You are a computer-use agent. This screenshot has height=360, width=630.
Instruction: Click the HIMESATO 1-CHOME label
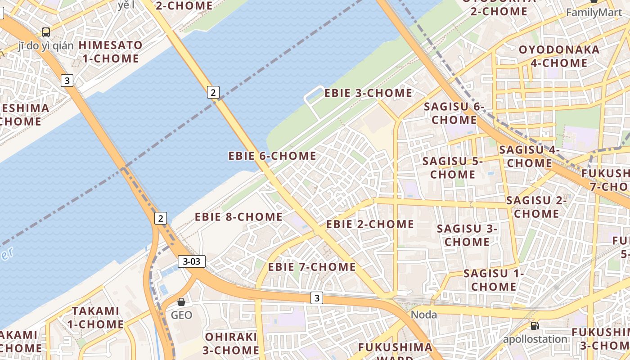coord(111,52)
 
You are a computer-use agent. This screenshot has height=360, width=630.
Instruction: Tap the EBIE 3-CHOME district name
coord(368,93)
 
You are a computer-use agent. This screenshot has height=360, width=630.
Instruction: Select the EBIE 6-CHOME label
coord(272,156)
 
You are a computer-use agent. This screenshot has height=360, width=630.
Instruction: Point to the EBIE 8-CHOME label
coord(238,217)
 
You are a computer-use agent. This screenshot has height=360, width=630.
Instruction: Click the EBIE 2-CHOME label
coord(370,224)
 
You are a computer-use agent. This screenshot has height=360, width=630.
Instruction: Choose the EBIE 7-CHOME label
coord(312,267)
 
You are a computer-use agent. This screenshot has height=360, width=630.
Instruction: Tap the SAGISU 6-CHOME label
coord(454,113)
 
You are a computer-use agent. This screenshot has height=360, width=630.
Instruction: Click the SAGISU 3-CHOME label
coord(467,235)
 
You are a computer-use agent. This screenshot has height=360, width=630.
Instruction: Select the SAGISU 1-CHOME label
coord(494,280)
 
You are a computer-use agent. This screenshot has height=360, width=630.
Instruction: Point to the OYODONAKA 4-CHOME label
coord(559,56)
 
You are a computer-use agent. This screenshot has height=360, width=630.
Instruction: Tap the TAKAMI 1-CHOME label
coord(95,317)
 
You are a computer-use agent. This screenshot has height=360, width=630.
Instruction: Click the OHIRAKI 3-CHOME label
coord(231,343)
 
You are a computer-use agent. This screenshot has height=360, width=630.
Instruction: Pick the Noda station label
coord(424,315)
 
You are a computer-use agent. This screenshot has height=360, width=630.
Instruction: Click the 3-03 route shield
coord(192,261)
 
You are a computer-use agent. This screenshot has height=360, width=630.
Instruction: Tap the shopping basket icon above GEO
coord(181,302)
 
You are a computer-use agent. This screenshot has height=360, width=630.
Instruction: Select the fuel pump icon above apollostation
coord(535,325)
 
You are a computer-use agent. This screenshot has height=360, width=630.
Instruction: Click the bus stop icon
coord(45,32)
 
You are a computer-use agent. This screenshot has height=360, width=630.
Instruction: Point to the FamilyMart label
coord(594,13)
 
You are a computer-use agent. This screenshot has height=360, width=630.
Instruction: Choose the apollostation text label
coord(535,339)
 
